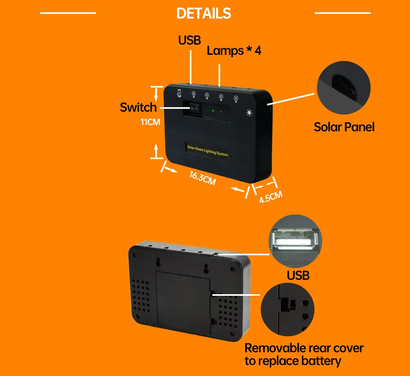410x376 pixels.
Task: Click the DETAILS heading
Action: click(204, 14)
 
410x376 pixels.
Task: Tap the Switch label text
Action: click(138, 108)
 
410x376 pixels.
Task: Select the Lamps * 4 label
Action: click(234, 51)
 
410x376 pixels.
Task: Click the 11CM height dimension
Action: click(150, 122)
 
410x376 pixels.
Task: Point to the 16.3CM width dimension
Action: click(202, 178)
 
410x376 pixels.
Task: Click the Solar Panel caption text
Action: click(344, 127)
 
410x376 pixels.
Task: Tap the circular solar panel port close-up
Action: click(344, 87)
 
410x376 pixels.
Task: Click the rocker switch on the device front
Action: click(193, 109)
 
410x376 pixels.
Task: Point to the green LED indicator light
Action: click(213, 110)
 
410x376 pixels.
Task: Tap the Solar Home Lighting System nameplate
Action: click(207, 150)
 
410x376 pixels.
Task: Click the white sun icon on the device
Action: click(249, 113)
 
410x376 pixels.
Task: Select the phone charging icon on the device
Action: click(179, 92)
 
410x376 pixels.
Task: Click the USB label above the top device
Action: click(189, 40)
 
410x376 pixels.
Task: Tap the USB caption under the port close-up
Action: click(298, 275)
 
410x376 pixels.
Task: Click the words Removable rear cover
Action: click(304, 348)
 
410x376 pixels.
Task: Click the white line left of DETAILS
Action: click(68, 13)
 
